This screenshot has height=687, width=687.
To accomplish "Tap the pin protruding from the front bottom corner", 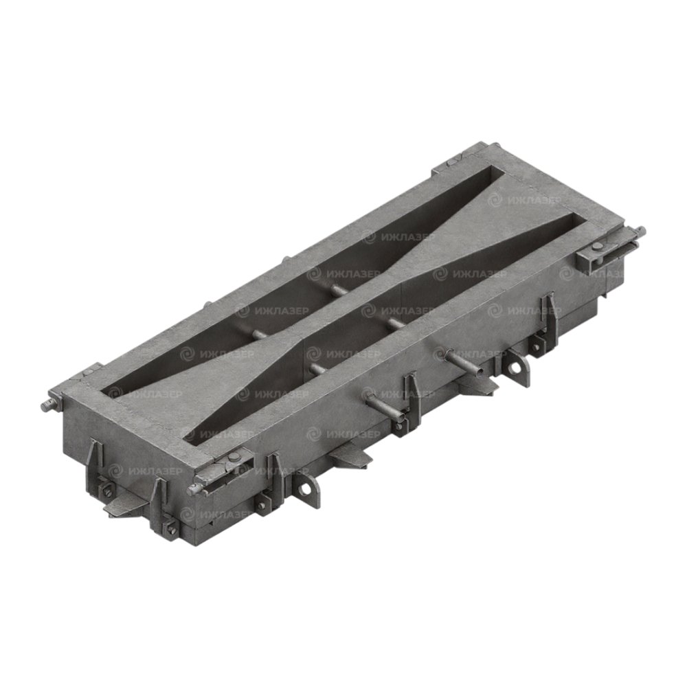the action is pyautogui.click(x=193, y=490).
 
